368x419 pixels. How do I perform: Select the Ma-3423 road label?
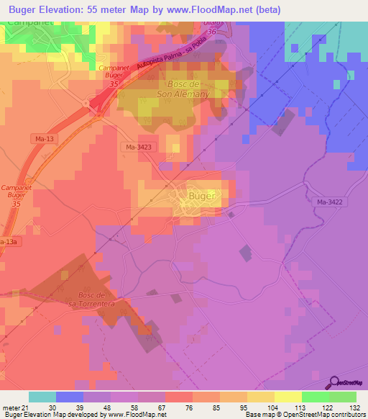point(138,147)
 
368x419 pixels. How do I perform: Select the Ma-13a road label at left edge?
point(7,242)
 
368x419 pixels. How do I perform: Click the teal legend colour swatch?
point(42,397)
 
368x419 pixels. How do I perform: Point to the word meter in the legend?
point(11,407)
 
